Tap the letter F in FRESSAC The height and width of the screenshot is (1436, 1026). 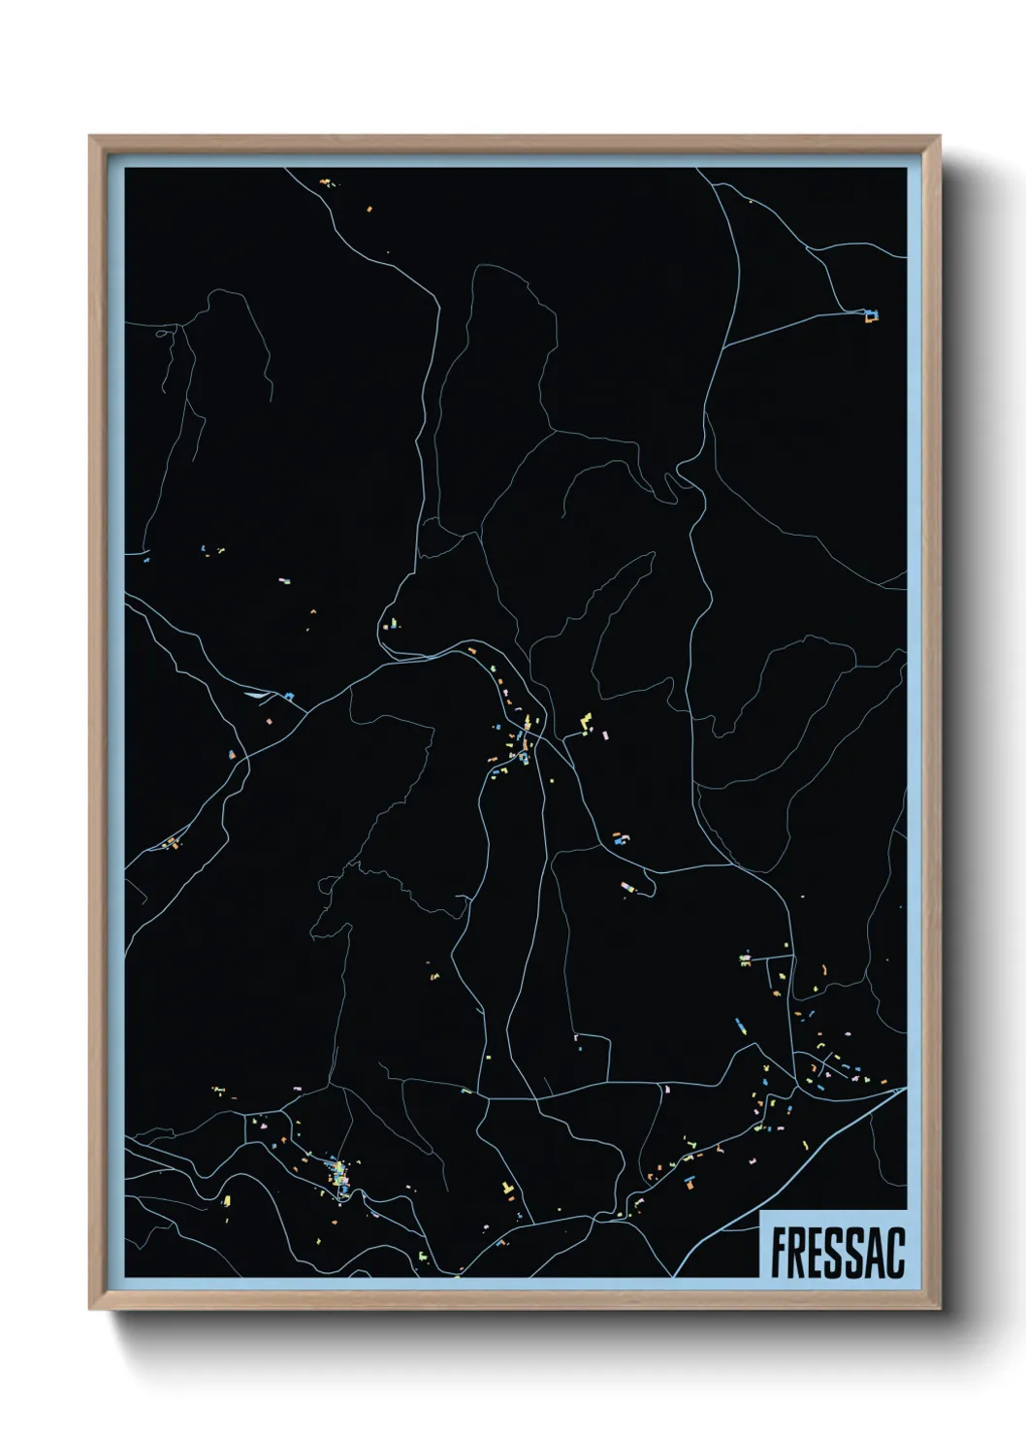click(x=778, y=1253)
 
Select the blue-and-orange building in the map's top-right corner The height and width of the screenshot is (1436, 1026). click(x=872, y=314)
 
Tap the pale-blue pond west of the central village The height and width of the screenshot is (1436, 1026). click(x=257, y=694)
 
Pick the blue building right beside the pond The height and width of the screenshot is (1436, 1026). click(x=288, y=695)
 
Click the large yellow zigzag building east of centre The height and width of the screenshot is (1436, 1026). click(x=585, y=721)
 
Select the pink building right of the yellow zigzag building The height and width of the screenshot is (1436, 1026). click(x=598, y=736)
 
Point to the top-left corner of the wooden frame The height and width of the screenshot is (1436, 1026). click(x=90, y=137)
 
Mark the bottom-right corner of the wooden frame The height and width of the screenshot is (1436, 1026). click(x=940, y=1309)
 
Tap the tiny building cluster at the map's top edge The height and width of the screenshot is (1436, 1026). click(x=326, y=181)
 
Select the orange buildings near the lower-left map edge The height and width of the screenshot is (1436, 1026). click(x=173, y=841)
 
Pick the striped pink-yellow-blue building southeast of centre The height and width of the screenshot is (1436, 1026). click(x=627, y=885)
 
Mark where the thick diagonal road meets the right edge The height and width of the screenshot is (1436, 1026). click(x=904, y=1089)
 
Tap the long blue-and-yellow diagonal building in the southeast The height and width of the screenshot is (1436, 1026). click(x=740, y=1025)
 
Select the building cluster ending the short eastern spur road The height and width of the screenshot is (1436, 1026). click(x=745, y=959)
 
